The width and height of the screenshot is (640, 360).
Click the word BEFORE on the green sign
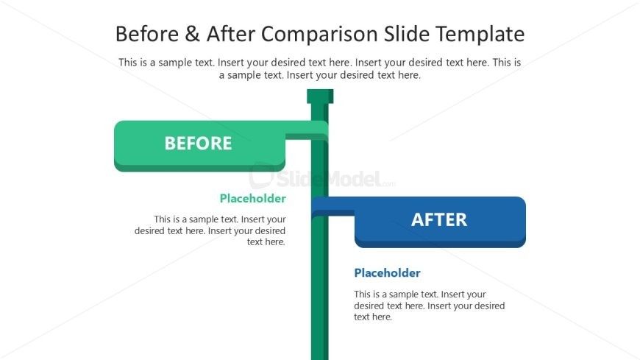(x=198, y=144)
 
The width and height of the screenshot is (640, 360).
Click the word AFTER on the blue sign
(x=439, y=219)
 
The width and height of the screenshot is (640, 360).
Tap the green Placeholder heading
(x=252, y=198)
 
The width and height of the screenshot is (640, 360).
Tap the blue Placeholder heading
(x=387, y=273)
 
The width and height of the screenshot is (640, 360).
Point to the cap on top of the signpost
(x=320, y=96)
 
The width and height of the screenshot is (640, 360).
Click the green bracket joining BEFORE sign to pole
(x=305, y=135)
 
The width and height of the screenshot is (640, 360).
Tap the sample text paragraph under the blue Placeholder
(x=429, y=306)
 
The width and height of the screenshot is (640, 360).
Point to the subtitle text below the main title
(x=320, y=68)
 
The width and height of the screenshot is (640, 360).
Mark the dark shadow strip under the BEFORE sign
(x=199, y=169)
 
